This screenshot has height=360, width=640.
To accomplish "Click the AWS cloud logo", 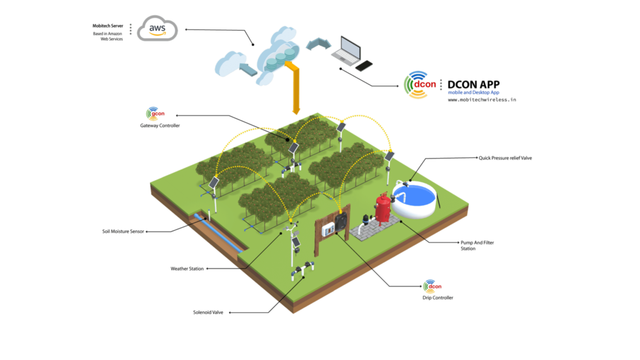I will [157, 29].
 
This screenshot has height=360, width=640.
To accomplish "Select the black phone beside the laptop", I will [365, 65].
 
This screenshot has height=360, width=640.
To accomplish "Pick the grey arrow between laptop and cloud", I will [321, 43].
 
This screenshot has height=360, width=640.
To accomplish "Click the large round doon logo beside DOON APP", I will [416, 85].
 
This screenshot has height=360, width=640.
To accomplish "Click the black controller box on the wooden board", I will [341, 222].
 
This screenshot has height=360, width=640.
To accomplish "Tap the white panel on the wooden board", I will [327, 229].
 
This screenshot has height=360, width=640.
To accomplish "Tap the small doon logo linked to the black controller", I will [429, 286].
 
